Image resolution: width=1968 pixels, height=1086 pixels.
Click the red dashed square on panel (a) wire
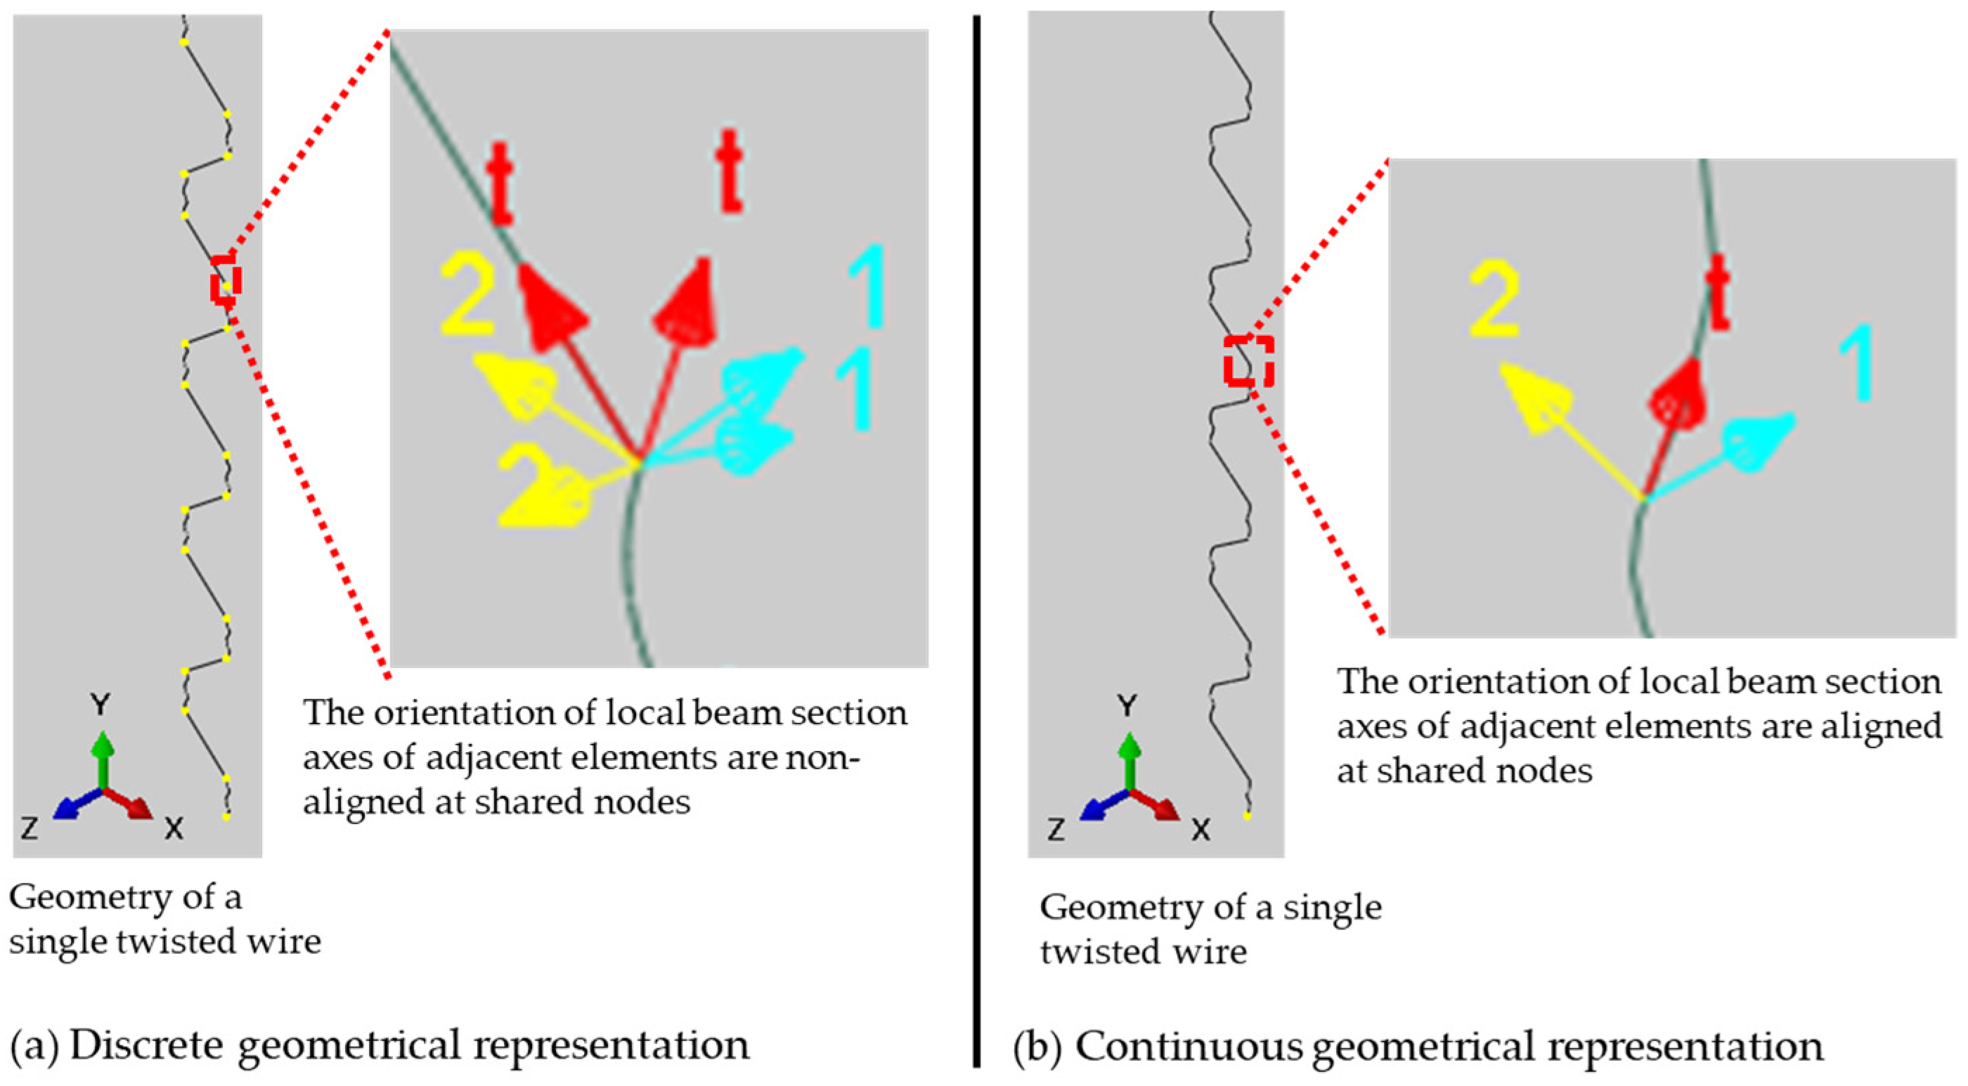226,279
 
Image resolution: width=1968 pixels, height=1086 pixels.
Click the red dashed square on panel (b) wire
1248,360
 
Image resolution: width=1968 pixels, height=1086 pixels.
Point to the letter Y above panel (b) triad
1127,706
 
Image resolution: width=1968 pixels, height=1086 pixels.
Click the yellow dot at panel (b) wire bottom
1248,816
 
